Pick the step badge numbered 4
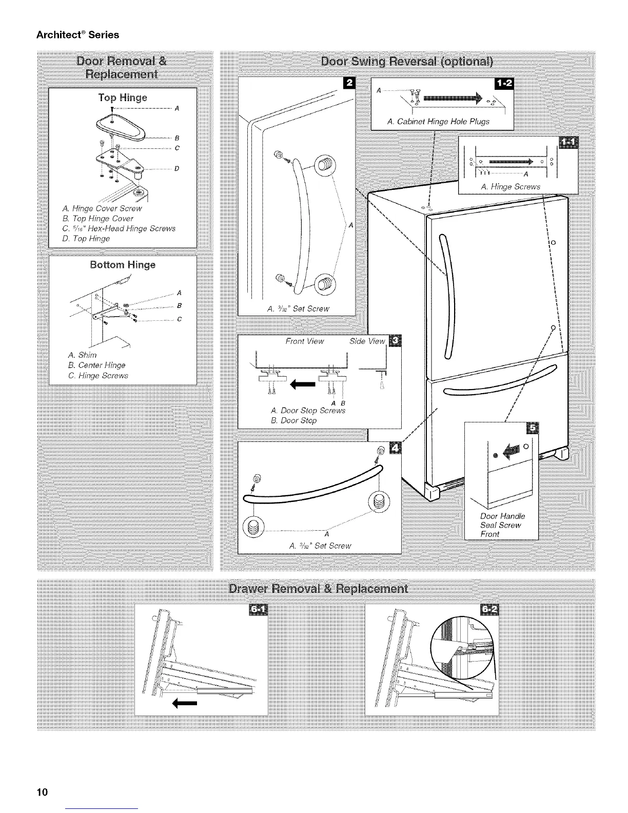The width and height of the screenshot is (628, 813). click(x=396, y=446)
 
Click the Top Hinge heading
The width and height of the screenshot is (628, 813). click(x=123, y=98)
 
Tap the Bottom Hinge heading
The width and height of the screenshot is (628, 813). click(x=123, y=265)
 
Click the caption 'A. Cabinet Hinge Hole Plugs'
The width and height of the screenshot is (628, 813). click(x=438, y=122)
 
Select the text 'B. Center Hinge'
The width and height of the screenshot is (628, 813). click(x=96, y=365)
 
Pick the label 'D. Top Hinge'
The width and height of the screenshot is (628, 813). click(x=85, y=239)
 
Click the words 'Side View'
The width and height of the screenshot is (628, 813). click(x=367, y=341)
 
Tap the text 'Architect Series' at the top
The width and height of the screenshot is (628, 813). click(x=77, y=35)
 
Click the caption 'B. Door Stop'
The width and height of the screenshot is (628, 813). click(x=293, y=420)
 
